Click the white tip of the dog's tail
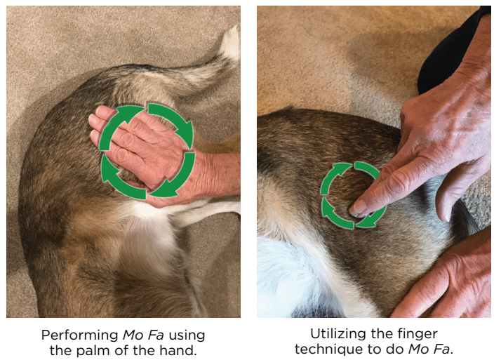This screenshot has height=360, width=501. pyautogui.click(x=232, y=45)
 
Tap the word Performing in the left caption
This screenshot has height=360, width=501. pyautogui.click(x=80, y=335)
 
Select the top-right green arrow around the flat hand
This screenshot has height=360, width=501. pyautogui.click(x=173, y=121)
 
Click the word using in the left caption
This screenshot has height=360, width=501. pyautogui.click(x=187, y=336)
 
